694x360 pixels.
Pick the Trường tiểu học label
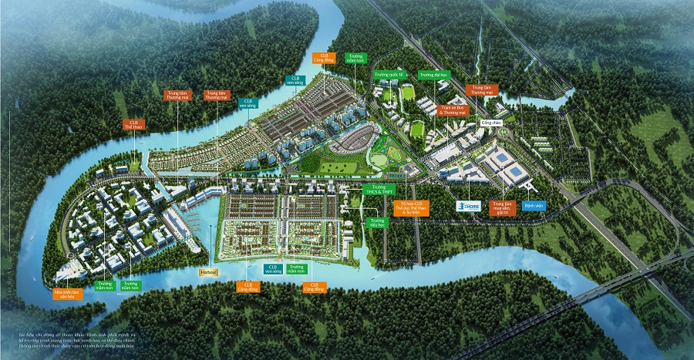pyautogui.click(x=376, y=223)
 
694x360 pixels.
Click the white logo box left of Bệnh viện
pyautogui.click(x=470, y=206)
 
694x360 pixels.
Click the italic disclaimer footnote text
pyautogui.click(x=77, y=342)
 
